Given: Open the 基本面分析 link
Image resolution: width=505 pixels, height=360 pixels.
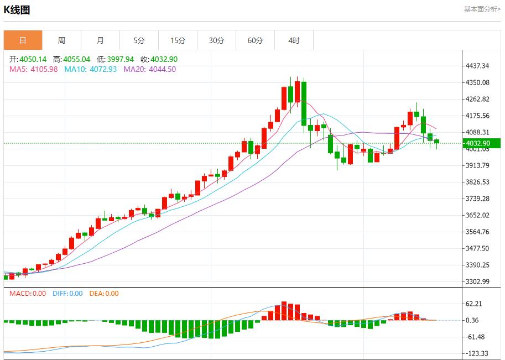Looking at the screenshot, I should pos(482,9).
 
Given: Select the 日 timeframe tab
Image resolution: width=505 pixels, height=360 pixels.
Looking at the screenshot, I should pos(23,40).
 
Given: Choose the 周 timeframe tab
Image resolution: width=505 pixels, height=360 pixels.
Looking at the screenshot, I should pos(61,40).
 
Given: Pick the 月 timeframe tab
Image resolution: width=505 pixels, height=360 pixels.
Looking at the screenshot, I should pos(100,40).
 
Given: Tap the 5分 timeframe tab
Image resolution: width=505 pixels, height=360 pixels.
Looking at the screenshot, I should pos(139,40).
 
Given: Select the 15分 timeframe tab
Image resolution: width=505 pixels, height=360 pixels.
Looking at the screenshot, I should pos(178,40).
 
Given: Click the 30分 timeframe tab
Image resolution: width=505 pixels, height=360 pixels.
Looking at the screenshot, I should pos(216,40).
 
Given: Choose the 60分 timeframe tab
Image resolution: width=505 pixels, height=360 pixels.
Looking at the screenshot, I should pos(255,40).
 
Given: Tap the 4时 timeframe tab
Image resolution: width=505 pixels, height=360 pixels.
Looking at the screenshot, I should pos(294,40).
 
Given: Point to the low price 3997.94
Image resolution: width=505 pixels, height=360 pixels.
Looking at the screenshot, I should pos(121,59).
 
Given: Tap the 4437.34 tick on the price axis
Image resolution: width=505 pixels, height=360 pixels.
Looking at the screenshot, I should pos(478,66).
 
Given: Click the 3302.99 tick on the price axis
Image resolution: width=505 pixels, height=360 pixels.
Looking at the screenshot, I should pos(478,281).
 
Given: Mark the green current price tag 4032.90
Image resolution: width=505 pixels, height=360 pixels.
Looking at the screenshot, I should pos(478,143).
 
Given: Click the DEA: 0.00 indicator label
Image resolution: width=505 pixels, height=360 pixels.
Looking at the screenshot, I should pos(103,294).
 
